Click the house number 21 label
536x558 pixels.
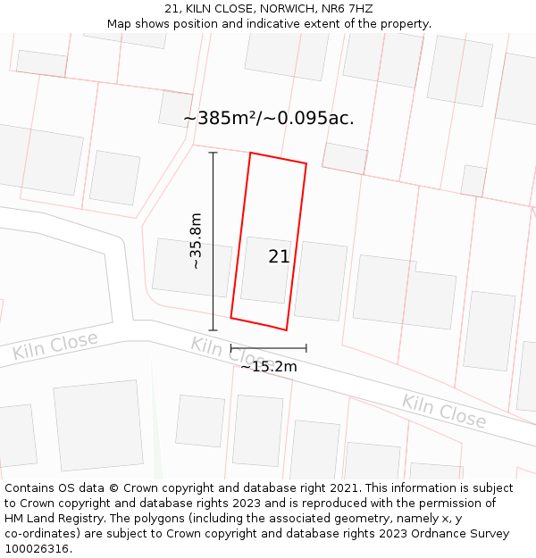point(279,257)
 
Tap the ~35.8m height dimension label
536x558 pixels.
point(196,241)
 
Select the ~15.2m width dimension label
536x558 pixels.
point(268,366)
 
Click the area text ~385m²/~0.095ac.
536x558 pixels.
point(268,118)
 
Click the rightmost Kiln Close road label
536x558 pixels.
point(444,411)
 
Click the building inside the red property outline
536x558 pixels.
point(265,270)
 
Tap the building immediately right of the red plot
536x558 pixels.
point(320,280)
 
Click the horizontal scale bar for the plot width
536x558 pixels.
point(268,348)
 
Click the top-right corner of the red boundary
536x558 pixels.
point(306,163)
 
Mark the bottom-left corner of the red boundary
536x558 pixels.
point(231,317)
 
